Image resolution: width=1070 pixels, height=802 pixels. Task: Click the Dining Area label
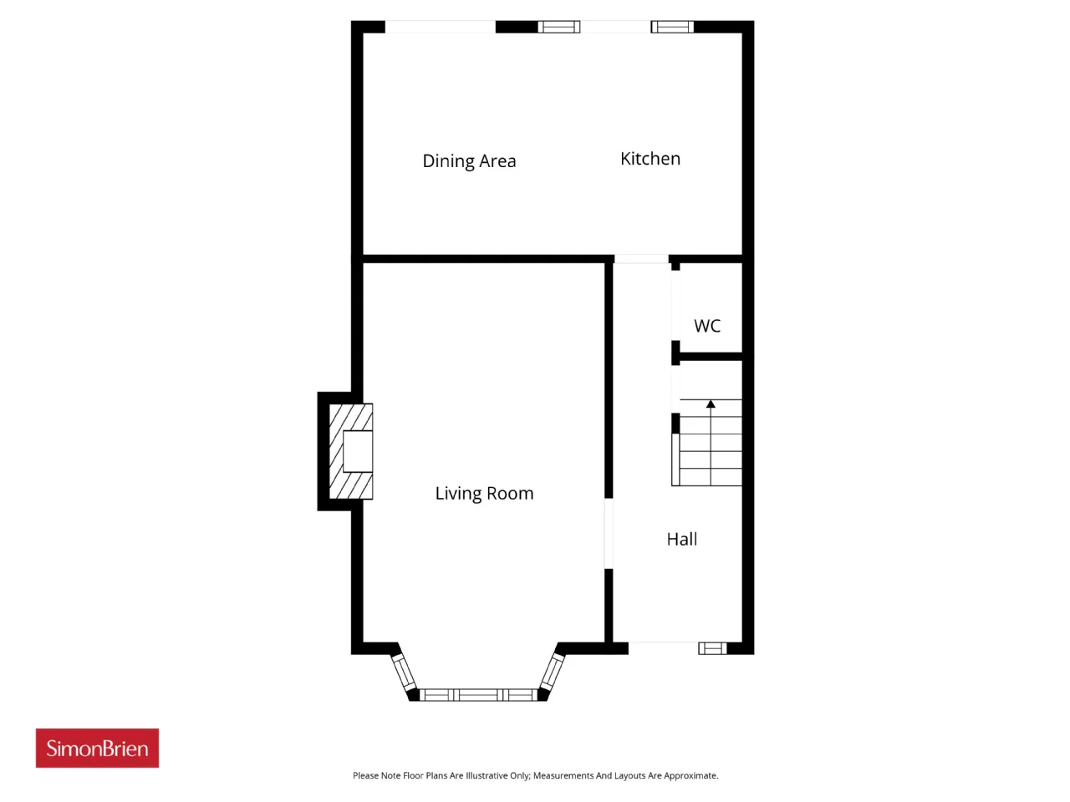[468, 161]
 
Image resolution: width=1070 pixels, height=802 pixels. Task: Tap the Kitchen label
[650, 159]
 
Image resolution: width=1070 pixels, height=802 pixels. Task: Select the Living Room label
[484, 494]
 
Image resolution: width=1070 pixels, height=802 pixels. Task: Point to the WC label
[707, 326]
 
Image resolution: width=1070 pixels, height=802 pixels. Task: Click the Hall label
[681, 539]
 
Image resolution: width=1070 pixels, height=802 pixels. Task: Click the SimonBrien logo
[97, 748]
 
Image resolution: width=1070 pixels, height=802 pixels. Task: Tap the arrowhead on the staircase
[711, 404]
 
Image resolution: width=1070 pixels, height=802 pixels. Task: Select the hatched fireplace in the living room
[351, 451]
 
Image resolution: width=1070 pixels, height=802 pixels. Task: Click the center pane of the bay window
[478, 695]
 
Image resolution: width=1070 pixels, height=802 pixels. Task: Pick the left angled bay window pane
[404, 672]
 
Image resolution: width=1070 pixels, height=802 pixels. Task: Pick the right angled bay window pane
[553, 671]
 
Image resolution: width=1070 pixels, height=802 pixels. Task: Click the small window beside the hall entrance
[712, 648]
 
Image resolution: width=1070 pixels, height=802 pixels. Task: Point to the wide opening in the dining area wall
[441, 27]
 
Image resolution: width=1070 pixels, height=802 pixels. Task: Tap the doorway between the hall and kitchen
[641, 259]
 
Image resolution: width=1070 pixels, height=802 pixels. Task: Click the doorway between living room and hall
[609, 533]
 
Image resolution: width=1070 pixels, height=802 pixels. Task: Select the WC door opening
[675, 305]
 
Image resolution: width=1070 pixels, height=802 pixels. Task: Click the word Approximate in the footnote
[691, 775]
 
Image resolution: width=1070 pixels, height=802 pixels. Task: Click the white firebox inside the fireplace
[358, 451]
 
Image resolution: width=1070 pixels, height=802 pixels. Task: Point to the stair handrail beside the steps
[675, 459]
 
